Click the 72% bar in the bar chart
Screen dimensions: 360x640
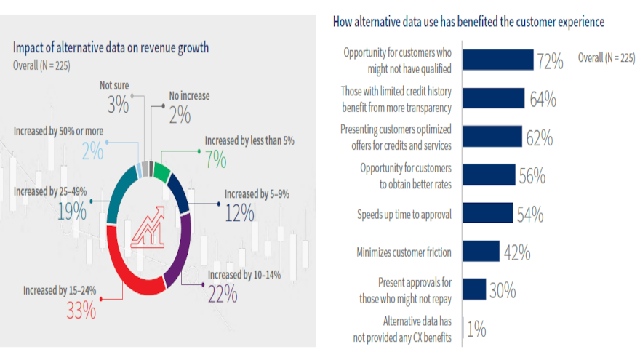497,60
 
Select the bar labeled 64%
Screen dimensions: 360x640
493,98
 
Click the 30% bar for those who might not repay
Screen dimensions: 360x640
474,289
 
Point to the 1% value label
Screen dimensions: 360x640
476,329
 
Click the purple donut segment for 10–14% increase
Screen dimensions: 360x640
179,244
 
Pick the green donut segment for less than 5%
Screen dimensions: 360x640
163,173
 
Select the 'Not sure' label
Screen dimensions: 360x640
115,86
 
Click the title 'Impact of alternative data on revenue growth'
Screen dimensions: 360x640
111,48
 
